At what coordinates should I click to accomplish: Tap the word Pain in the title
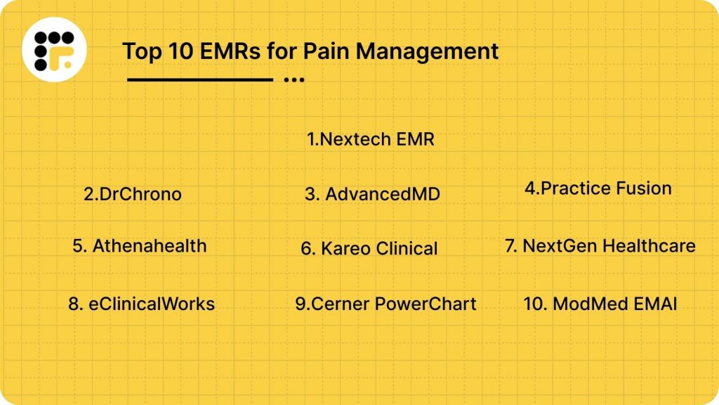310,51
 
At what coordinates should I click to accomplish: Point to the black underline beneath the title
199,79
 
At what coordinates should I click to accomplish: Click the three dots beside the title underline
294,80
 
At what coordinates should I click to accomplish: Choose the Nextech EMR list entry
371,139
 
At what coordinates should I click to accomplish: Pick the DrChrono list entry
133,194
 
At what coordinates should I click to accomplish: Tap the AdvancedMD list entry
372,194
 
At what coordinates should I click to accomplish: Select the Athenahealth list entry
140,245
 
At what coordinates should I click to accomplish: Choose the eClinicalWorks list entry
142,304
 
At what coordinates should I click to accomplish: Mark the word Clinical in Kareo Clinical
407,248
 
